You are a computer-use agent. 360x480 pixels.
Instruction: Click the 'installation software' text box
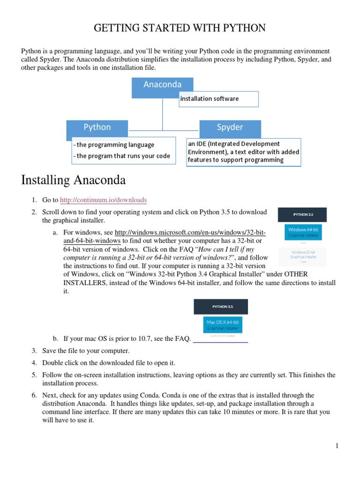coord(218,99)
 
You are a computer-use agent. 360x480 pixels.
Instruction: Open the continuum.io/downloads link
coord(104,200)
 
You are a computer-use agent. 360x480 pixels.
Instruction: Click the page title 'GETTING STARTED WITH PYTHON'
coord(180,29)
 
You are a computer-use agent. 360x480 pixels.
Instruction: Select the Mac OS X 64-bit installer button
coord(221,325)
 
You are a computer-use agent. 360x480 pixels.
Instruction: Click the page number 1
coord(337,446)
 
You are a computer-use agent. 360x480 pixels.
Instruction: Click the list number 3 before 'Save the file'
coord(34,351)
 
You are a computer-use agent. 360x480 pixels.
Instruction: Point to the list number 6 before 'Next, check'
coord(34,396)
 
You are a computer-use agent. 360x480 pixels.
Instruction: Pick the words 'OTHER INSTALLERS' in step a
coord(310,274)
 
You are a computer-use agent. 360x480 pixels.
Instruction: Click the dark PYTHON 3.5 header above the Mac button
coord(221,307)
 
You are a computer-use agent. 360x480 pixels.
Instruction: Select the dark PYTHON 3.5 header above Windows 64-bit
coord(302,215)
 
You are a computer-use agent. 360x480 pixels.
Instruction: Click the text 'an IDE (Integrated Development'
coord(234,144)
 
